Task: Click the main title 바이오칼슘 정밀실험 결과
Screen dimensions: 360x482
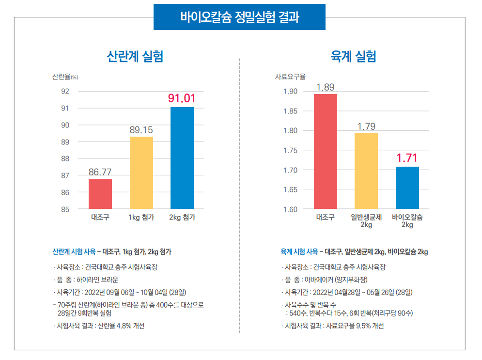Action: click(239, 17)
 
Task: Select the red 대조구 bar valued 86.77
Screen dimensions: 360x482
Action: click(100, 194)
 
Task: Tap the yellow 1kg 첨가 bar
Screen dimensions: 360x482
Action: click(141, 172)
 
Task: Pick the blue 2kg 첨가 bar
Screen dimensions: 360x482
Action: click(182, 158)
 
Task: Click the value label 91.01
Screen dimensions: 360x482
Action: click(182, 98)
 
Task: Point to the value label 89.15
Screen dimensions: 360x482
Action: click(141, 130)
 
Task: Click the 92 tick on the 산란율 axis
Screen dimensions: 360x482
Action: click(65, 91)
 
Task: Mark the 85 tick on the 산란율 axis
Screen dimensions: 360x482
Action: click(65, 209)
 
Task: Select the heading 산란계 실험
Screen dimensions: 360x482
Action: click(135, 57)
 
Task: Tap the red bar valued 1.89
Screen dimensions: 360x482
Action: click(326, 151)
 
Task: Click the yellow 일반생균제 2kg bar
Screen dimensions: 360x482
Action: click(366, 171)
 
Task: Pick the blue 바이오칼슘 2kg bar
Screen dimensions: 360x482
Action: click(407, 188)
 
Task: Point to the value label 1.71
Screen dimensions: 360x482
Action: click(407, 158)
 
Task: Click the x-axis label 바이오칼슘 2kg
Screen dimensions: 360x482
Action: click(407, 221)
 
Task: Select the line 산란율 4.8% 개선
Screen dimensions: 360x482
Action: click(101, 326)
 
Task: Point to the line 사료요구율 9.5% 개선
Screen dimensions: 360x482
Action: click(332, 326)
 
